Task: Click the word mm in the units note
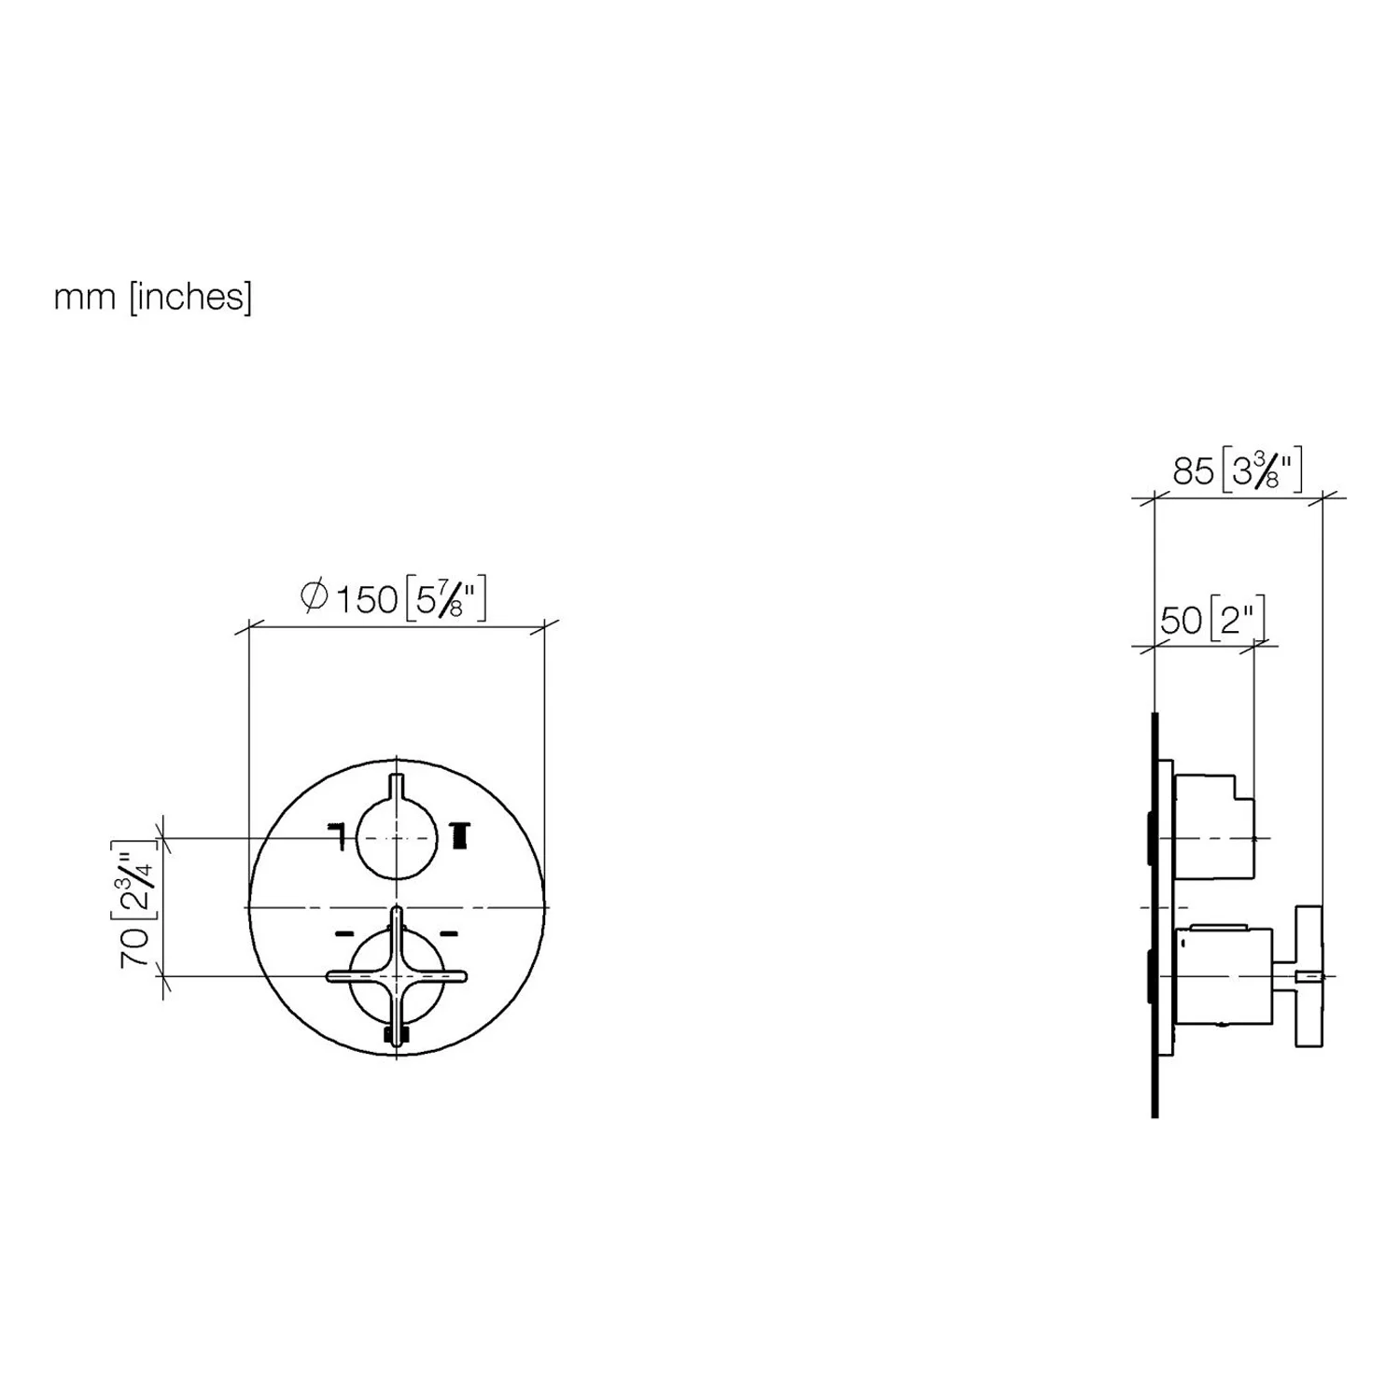(x=85, y=298)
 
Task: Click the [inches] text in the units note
(x=189, y=297)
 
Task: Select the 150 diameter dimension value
(x=366, y=599)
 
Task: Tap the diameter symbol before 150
(x=315, y=597)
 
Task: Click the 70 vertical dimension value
(x=135, y=948)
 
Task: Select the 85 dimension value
(x=1193, y=472)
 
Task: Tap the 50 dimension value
(x=1181, y=621)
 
